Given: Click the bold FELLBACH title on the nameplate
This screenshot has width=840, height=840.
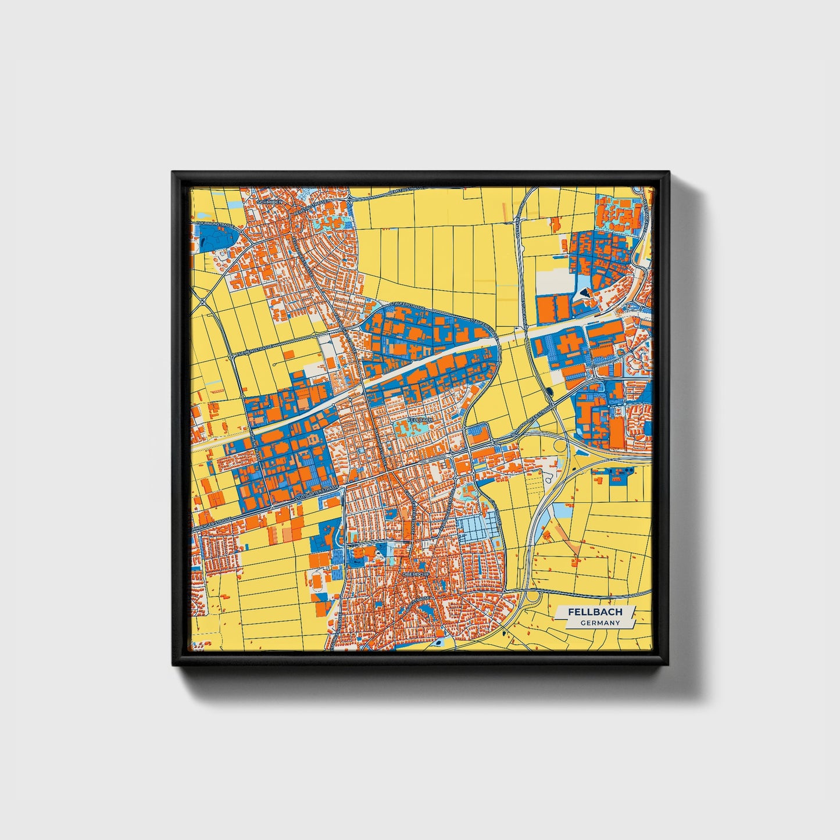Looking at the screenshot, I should [595, 612].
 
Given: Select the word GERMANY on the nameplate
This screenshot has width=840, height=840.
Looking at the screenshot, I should [599, 623].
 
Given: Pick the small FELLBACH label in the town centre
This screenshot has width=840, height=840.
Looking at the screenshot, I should [420, 419].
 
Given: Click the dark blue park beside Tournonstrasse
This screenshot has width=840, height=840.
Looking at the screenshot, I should [217, 238].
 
